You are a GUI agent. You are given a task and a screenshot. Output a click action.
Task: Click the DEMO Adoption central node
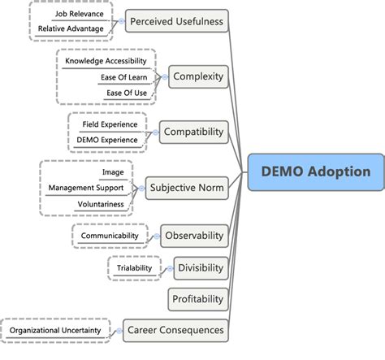point(315,171)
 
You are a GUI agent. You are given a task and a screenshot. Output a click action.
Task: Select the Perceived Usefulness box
point(178,20)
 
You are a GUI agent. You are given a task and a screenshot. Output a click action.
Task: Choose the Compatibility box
point(193,131)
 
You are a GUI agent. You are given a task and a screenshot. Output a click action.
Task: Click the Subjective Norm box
point(186,188)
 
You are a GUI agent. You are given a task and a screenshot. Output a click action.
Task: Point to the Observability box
point(193,236)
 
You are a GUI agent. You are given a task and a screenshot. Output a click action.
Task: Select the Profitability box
point(197,299)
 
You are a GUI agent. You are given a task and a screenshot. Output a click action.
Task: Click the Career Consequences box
point(175,330)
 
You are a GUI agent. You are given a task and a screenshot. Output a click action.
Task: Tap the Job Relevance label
point(79,14)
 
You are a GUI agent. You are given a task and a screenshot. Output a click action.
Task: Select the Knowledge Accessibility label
point(106,61)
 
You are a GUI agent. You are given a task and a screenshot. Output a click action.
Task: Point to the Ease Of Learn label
point(123,77)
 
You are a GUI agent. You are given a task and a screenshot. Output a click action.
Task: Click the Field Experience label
point(110,124)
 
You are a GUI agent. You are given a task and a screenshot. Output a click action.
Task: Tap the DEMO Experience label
point(107,140)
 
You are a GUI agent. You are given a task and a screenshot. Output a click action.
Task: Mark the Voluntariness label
point(101,203)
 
